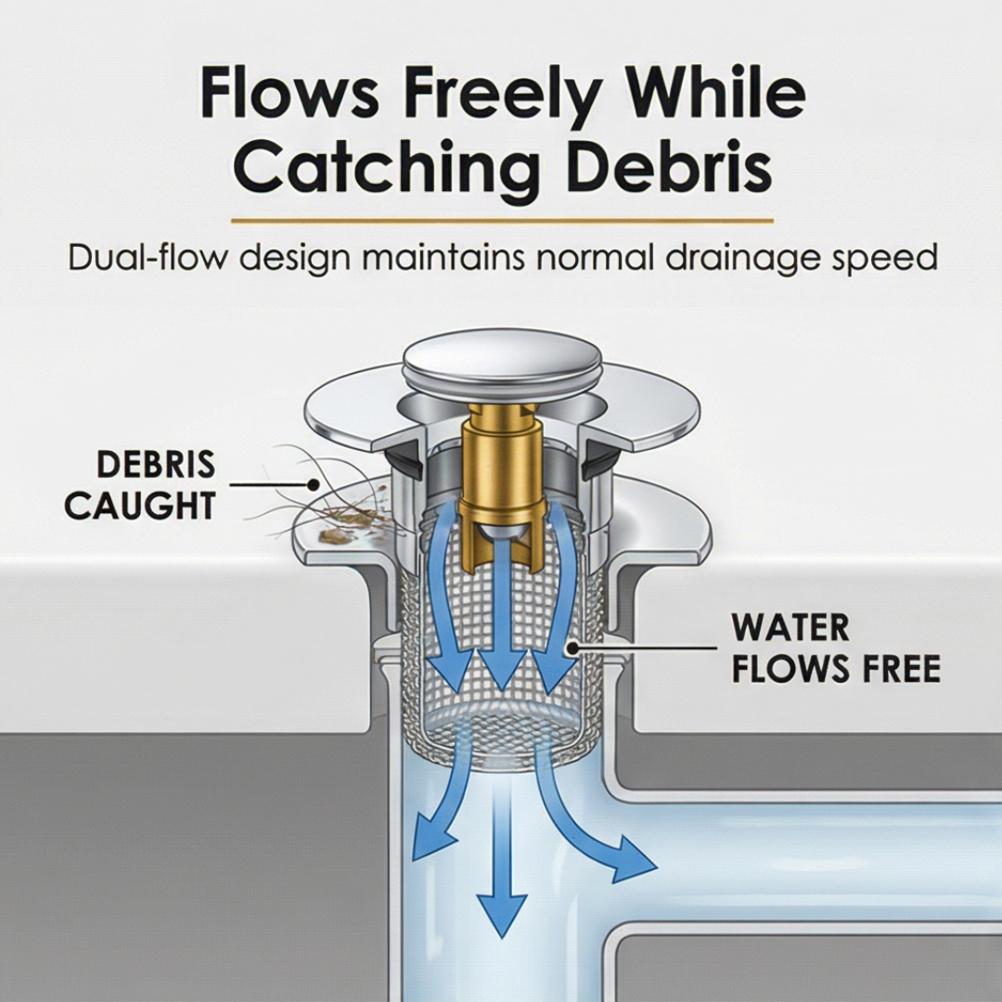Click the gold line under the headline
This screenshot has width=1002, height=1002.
[x=502, y=221]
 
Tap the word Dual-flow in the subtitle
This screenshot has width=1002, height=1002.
[x=148, y=257]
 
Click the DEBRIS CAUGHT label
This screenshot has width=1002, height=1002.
[x=140, y=485]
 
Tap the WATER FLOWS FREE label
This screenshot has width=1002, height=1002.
[x=835, y=648]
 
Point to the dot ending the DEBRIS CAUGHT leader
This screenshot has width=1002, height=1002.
[x=314, y=484]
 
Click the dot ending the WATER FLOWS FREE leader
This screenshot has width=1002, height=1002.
[x=572, y=649]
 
